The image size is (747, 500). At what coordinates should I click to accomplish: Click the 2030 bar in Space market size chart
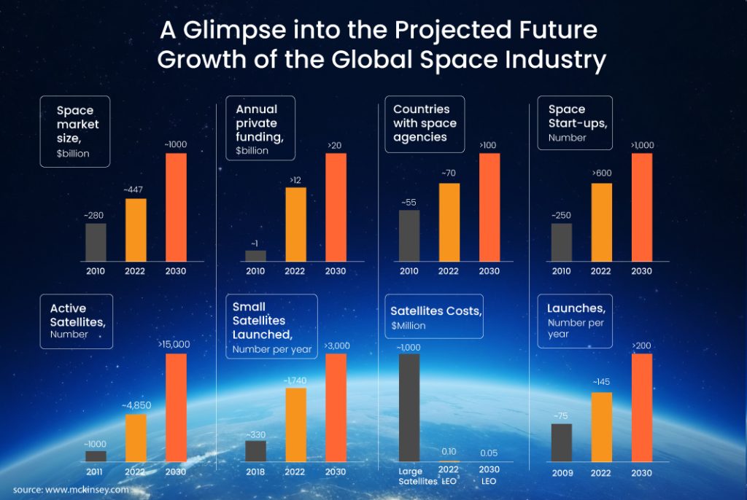[176, 207]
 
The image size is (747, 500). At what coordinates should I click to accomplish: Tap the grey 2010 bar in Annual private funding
[255, 256]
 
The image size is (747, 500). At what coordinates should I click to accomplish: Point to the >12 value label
[295, 179]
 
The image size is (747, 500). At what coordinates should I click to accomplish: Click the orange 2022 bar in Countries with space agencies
[449, 222]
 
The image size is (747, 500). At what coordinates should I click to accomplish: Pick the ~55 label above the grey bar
[409, 202]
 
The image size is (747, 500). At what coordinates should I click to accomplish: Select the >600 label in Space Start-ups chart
[601, 174]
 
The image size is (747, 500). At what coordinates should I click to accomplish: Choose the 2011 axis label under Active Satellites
[96, 472]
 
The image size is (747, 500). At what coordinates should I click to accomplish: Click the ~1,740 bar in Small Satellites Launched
[295, 424]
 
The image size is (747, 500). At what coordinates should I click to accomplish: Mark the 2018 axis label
[255, 472]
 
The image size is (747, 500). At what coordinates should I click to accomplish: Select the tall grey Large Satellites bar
[409, 407]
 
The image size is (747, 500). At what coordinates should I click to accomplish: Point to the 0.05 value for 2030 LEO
[489, 453]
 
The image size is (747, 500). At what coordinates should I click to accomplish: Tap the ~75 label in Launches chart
[561, 415]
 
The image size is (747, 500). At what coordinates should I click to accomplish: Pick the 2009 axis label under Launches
[562, 473]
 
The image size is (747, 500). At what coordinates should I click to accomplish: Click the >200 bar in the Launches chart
[641, 407]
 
